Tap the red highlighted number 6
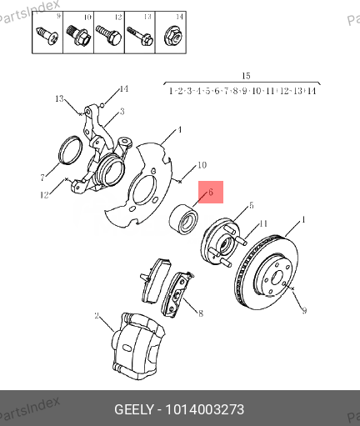click(211, 193)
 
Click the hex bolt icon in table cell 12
click(107, 35)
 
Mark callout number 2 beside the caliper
click(97, 316)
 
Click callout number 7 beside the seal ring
click(41, 178)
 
